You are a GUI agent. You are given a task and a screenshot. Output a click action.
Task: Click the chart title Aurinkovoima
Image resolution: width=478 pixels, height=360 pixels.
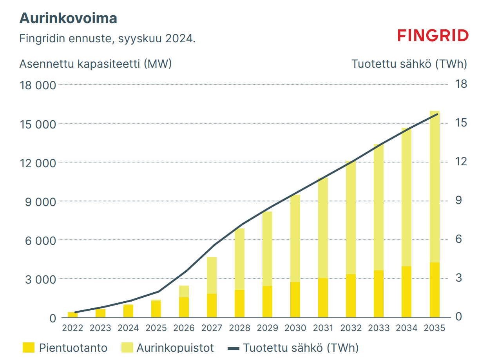pos(68,18)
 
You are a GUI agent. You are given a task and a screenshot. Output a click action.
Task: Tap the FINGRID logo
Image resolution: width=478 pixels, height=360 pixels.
pos(433,36)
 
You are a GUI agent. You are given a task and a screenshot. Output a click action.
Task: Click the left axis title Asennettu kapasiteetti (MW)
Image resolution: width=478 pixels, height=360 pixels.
pos(96,64)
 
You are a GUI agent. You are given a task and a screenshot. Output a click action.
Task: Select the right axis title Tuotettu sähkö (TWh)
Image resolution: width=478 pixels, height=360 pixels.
pos(409,64)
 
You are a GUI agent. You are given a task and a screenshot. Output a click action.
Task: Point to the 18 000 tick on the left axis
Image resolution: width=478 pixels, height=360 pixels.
pos(38,85)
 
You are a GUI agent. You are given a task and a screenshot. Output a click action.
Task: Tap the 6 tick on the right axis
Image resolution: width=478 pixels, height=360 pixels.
pos(459,239)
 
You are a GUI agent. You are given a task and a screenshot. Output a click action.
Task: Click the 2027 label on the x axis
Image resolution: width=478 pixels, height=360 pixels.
pos(212,328)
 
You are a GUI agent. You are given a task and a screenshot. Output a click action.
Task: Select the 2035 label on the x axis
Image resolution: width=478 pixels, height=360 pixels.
pos(435,328)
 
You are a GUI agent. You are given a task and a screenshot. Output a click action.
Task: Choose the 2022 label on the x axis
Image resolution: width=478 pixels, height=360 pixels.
pos(73,328)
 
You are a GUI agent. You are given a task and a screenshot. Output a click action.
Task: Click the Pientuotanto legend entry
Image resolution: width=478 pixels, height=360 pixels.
pos(65,348)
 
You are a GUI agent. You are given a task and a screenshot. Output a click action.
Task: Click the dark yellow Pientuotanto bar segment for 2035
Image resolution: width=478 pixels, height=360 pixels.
pos(435,290)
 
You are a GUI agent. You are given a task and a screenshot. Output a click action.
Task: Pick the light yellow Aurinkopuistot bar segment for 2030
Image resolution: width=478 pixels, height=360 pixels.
pos(295,238)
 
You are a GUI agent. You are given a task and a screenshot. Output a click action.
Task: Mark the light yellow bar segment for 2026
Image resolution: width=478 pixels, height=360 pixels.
pos(184,291)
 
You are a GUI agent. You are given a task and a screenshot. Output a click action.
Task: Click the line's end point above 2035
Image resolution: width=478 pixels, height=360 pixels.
pos(437,114)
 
